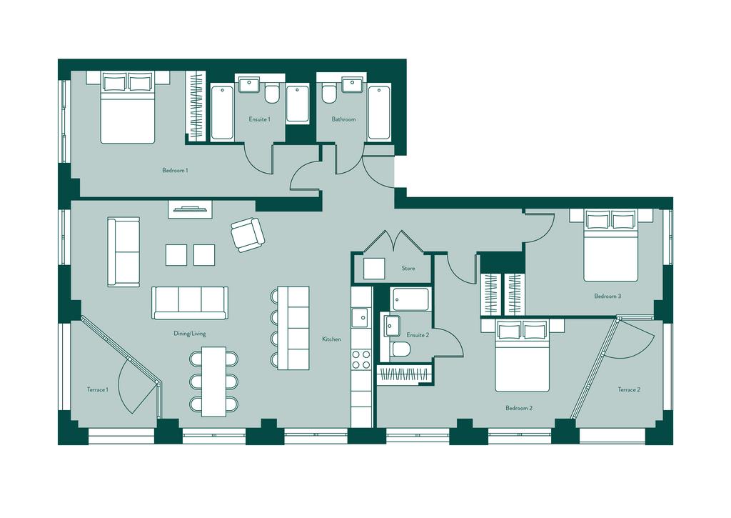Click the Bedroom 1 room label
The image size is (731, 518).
(175, 170)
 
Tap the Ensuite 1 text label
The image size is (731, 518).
(259, 119)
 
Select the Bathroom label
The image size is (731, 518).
(343, 119)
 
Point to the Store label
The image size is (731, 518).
(408, 269)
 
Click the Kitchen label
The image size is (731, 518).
(331, 339)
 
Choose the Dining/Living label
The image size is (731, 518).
(189, 334)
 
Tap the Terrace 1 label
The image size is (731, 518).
(97, 389)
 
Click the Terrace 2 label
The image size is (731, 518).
(629, 389)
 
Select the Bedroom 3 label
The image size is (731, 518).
(608, 296)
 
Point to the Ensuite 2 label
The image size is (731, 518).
(418, 335)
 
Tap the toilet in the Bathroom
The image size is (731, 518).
(328, 94)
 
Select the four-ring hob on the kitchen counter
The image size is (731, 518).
(361, 359)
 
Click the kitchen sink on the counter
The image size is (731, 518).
(361, 318)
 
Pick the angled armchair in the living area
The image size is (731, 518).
(248, 235)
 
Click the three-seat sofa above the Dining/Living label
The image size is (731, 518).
(190, 303)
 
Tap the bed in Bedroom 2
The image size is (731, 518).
(522, 356)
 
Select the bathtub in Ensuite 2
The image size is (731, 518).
(410, 299)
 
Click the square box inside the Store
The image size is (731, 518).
(374, 269)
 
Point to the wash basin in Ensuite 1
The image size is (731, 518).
(249, 86)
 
